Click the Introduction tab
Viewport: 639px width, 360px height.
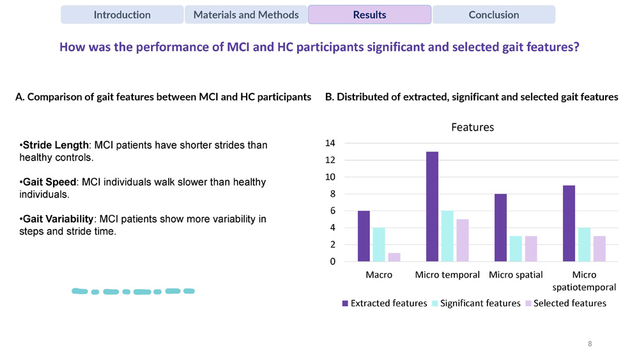point(122,15)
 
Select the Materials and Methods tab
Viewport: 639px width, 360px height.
point(246,15)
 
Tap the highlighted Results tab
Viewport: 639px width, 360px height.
point(369,15)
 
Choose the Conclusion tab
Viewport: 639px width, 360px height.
point(493,15)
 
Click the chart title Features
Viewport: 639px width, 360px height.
point(472,127)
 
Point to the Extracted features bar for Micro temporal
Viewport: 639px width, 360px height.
point(433,207)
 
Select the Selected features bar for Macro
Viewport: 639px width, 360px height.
point(394,257)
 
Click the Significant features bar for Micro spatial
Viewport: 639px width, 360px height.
point(516,249)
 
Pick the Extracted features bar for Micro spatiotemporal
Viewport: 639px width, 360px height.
point(569,223)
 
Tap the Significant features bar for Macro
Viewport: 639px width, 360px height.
point(379,244)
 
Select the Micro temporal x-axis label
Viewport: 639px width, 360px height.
point(447,275)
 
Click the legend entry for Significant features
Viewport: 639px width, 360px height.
point(480,303)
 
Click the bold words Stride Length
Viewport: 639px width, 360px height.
point(56,146)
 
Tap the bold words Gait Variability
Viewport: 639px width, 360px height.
point(58,219)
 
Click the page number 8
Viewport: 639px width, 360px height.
point(590,344)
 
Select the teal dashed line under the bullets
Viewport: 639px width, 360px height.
point(133,292)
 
